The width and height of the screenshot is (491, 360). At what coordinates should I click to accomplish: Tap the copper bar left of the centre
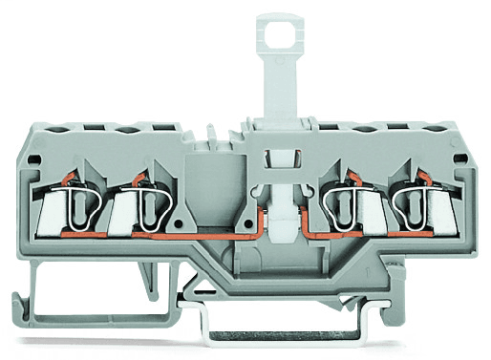(x=191, y=232)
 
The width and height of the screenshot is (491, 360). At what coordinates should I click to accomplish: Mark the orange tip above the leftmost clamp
(x=58, y=177)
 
